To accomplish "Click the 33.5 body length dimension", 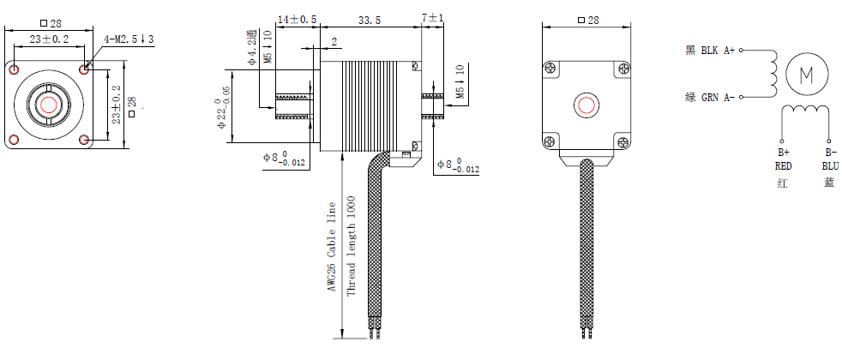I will [370, 18].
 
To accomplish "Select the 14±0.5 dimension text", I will [297, 18].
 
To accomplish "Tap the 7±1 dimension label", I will [434, 18].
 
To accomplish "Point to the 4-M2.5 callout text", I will [129, 39].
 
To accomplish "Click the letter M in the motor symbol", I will [806, 75].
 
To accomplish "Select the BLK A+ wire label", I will [718, 51].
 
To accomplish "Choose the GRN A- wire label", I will [718, 98].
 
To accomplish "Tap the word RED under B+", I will [783, 165].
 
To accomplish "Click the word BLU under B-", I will [829, 165].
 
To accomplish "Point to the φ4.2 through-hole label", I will [251, 47].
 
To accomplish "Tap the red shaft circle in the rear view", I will [586, 105].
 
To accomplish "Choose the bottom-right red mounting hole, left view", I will [83, 140].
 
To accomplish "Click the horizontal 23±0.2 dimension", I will [49, 39].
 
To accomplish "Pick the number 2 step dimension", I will [333, 40].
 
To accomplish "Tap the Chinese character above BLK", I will [690, 51].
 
